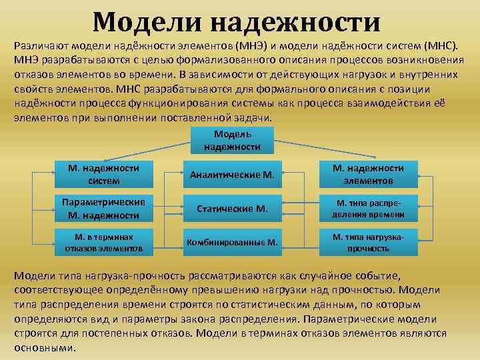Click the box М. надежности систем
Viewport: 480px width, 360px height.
103,174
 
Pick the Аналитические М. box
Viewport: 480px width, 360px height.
232,175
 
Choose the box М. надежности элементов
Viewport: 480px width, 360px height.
369,174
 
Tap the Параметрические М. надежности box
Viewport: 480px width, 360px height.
103,208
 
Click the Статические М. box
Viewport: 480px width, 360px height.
232,209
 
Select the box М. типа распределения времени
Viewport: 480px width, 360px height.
369,208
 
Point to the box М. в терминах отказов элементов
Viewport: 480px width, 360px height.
103,242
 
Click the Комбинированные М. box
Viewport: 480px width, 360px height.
232,242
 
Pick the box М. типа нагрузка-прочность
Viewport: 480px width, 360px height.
369,242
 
